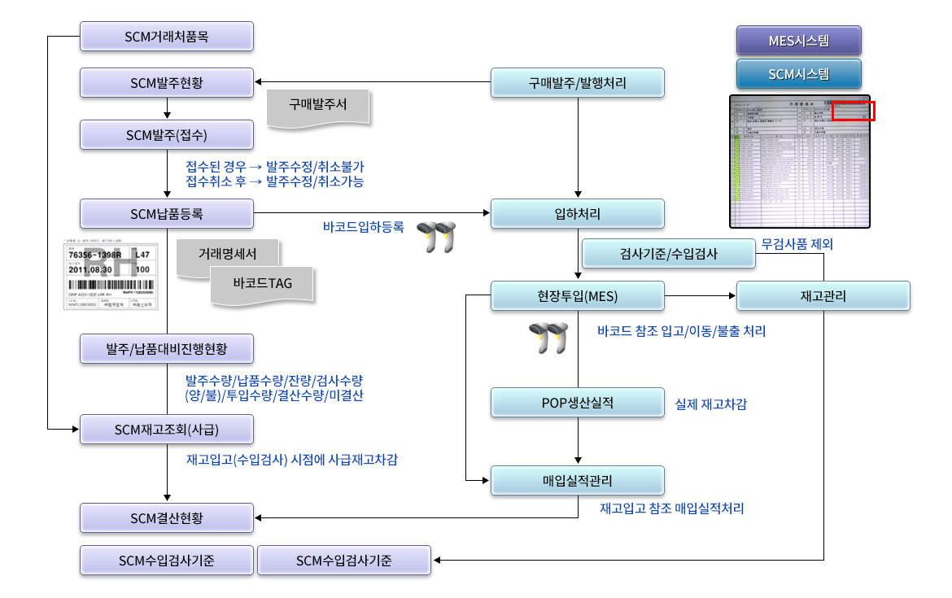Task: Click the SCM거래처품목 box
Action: pos(167,36)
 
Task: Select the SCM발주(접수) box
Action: pos(167,133)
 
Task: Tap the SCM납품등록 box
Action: pos(167,214)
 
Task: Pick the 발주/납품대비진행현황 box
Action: pos(167,349)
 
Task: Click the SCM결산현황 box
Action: pos(167,518)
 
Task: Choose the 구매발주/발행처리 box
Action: pos(578,82)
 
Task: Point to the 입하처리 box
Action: pos(578,214)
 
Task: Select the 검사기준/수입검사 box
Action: pos(669,255)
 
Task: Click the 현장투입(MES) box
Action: pos(578,296)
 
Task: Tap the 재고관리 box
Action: pos(823,296)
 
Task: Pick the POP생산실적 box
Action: pos(578,402)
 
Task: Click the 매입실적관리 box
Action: pos(578,480)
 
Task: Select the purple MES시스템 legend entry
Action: pos(798,41)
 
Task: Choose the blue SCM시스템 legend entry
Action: pos(798,74)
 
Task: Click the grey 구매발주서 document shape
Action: pos(317,107)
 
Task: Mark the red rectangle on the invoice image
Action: pos(854,111)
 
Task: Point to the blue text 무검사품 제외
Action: pos(797,243)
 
